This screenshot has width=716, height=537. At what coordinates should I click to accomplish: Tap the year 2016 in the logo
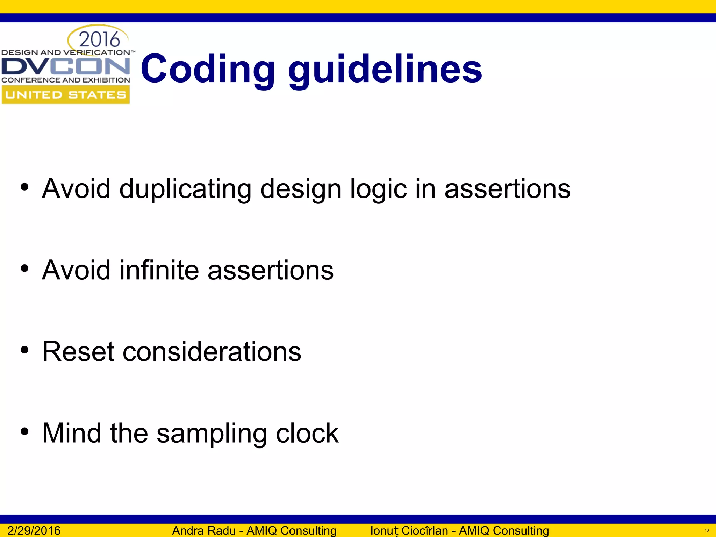(x=99, y=40)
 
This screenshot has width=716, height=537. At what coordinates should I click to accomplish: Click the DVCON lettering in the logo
(x=66, y=66)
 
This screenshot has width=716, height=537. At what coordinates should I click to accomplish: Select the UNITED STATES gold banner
(x=66, y=95)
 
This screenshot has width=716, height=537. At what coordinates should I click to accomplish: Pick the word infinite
(x=159, y=270)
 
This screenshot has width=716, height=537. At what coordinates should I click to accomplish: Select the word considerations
(x=212, y=352)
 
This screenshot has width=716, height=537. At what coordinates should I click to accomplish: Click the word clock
(x=307, y=433)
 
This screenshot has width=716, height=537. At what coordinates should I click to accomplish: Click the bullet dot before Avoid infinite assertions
(x=24, y=268)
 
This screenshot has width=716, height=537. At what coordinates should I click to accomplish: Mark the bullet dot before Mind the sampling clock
(x=24, y=431)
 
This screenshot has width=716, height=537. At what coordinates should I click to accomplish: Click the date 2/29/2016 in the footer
(x=34, y=530)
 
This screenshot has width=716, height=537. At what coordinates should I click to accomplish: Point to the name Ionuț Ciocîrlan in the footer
(x=409, y=530)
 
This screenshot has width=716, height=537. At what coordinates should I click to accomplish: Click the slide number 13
(x=706, y=530)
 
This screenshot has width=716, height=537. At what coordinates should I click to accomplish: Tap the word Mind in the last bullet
(x=72, y=433)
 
